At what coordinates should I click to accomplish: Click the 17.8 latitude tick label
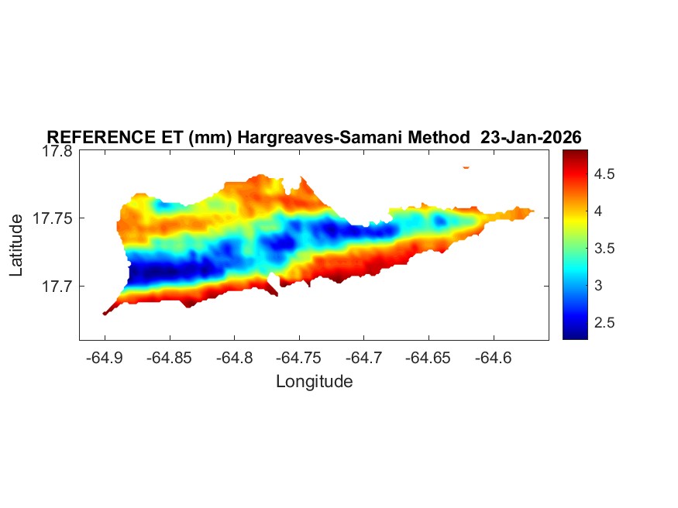coord(57,152)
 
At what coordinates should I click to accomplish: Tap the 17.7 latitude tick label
coord(57,287)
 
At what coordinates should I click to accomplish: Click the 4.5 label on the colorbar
coord(604,175)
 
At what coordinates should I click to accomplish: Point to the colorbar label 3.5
coord(604,249)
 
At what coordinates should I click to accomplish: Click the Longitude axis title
coord(314,381)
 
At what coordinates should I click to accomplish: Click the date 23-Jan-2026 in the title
coord(531,137)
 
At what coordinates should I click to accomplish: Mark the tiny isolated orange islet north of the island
coord(466,166)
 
